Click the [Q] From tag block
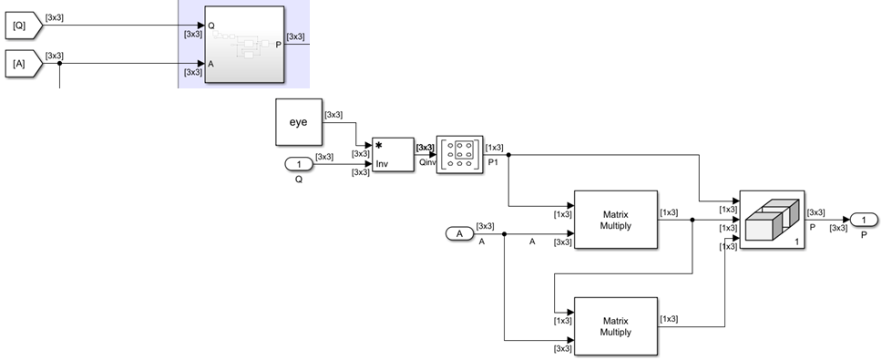click(22, 27)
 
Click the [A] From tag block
click(22, 64)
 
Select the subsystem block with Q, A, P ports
click(243, 44)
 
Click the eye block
click(298, 122)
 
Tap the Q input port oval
click(298, 164)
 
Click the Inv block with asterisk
click(393, 155)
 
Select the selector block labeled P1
click(460, 154)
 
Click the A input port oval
click(460, 234)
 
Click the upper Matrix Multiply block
click(615, 221)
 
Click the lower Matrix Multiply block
click(615, 326)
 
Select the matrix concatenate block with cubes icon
click(772, 220)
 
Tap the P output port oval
click(864, 220)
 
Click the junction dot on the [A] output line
click(60, 64)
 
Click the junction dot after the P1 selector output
click(508, 154)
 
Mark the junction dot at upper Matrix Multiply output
click(693, 221)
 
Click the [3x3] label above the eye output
click(333, 115)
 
